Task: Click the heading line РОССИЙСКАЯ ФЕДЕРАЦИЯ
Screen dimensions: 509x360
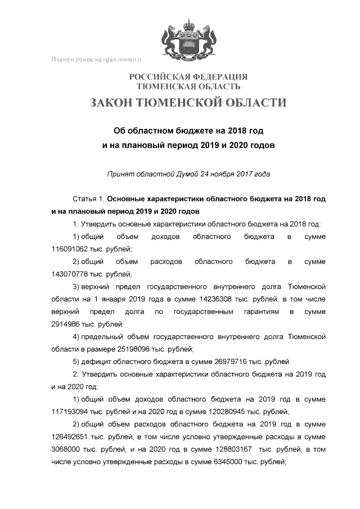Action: tap(188, 76)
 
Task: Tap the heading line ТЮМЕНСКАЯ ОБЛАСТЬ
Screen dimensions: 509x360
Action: tap(188, 87)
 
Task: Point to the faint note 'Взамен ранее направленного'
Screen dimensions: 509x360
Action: tap(95, 59)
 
